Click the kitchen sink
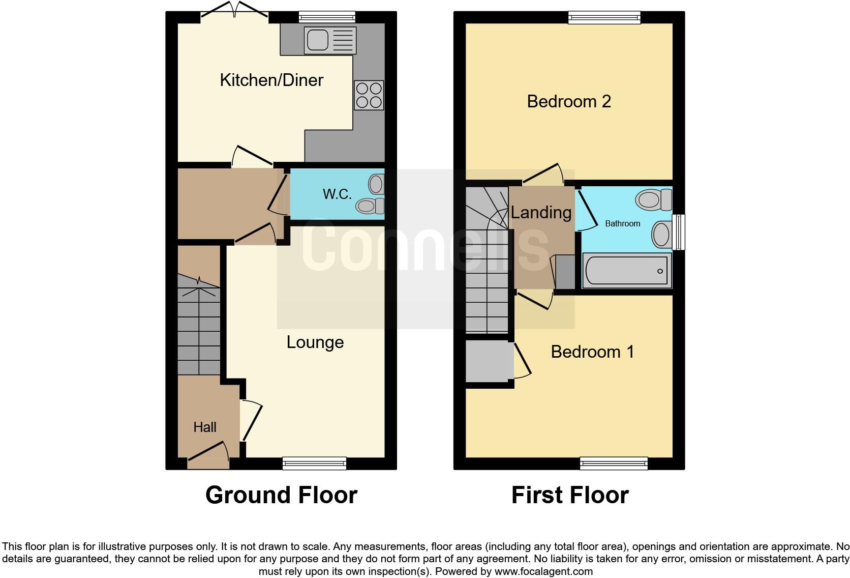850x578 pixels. click(329, 40)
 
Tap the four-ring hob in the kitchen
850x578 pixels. click(369, 95)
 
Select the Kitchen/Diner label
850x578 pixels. click(271, 80)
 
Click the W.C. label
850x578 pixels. click(337, 194)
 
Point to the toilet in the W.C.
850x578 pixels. click(371, 206)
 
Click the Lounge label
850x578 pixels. click(315, 342)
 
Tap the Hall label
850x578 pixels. click(205, 427)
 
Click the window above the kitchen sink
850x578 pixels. click(327, 17)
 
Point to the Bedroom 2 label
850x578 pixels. click(569, 102)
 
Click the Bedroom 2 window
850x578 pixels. click(604, 18)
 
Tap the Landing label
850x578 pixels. click(541, 213)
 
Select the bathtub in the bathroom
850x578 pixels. click(627, 271)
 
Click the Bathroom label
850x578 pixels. click(622, 224)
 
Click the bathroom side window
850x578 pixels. click(679, 232)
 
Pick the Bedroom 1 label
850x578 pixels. click(592, 352)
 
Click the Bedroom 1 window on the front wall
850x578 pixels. click(614, 463)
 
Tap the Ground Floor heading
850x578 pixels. click(281, 495)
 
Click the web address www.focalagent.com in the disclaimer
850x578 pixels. click(543, 571)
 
